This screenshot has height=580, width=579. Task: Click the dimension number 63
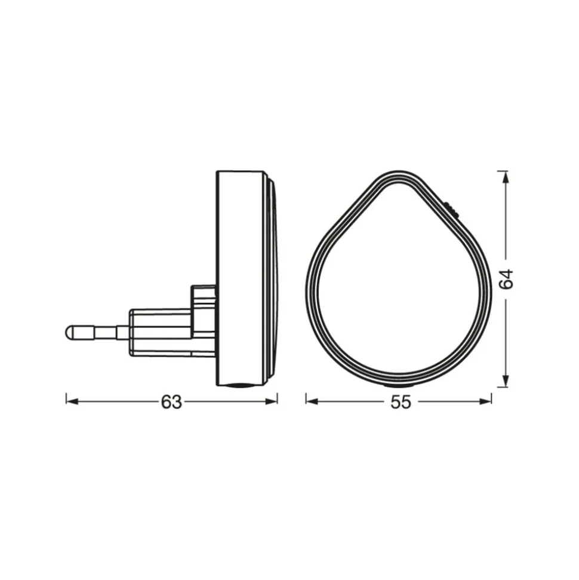(x=171, y=402)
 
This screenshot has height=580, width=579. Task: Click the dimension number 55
(x=401, y=402)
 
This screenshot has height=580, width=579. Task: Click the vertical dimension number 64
(x=506, y=279)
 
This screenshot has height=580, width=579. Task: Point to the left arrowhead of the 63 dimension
(x=72, y=402)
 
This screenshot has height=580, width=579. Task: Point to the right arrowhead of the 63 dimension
(x=272, y=402)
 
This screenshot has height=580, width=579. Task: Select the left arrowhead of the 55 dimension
(x=312, y=402)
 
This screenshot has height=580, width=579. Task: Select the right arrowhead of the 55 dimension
(x=485, y=402)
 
